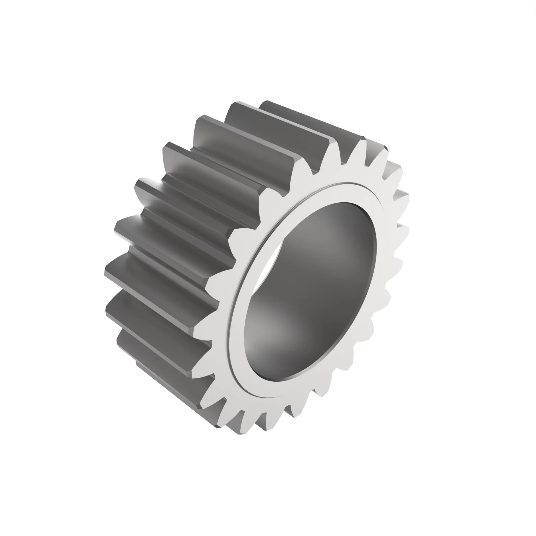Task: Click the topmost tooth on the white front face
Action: [x=361, y=147]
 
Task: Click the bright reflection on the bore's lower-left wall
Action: [x=266, y=333]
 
